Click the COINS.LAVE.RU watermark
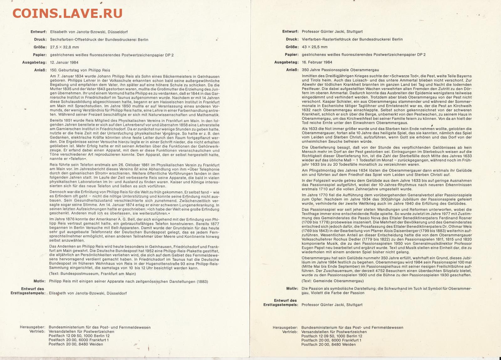coord(67,13)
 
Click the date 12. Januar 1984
coord(64,62)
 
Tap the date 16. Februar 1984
coord(317,62)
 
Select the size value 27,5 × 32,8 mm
coord(65,47)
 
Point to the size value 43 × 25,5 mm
coord(315,47)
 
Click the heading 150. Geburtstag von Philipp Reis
coord(80,70)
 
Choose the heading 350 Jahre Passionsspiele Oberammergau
coord(340,70)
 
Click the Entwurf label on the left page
coord(39,32)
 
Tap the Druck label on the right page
coord(292,39)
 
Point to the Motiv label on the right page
coord(292,289)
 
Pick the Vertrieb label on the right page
coord(290,332)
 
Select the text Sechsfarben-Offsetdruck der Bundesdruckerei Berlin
coord(99,40)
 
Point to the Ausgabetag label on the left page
coord(34,62)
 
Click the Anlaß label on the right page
coord(292,70)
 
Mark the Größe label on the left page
coord(40,47)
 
